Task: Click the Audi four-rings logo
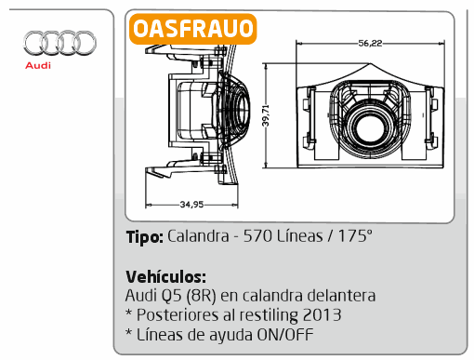59,43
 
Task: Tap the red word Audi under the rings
38,65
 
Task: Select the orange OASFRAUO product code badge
193,29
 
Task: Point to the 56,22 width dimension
370,43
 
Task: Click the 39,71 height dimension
266,115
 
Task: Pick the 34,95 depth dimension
191,205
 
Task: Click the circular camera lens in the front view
370,127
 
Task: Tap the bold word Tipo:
144,237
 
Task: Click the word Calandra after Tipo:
198,236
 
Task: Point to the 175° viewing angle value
355,236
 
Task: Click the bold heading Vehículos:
165,276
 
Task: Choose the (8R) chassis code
202,296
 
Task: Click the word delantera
341,295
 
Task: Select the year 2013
322,315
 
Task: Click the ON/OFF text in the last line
285,335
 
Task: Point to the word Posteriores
178,315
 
